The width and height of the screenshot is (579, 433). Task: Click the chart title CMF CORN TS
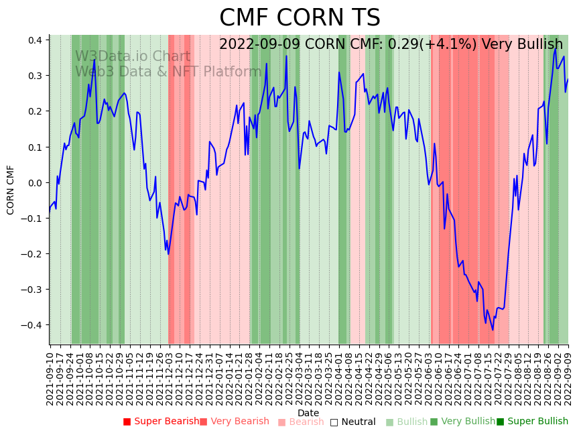[300, 18]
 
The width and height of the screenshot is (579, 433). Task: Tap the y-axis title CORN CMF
[11, 190]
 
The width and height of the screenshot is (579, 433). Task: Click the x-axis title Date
[308, 413]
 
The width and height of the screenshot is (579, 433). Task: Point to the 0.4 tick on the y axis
[36, 40]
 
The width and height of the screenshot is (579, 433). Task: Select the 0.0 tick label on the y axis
[36, 182]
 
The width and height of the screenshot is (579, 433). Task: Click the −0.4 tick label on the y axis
[34, 325]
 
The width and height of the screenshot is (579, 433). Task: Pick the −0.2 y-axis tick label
[34, 254]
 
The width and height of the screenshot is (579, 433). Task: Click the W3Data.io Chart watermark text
[133, 57]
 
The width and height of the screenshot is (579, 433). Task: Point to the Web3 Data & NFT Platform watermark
[168, 72]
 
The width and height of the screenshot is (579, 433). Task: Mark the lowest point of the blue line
[493, 330]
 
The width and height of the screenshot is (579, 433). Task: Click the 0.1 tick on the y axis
[36, 147]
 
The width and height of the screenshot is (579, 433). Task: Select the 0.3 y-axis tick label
[36, 76]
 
